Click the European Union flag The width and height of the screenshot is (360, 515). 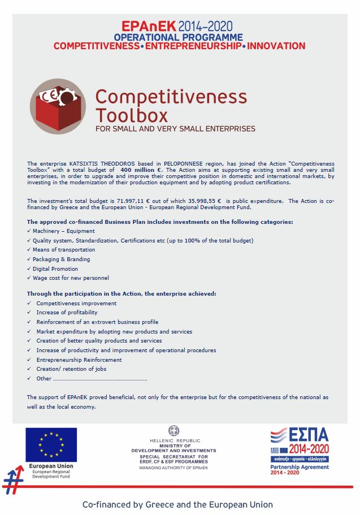point(51,445)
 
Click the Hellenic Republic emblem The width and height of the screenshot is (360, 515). point(174,431)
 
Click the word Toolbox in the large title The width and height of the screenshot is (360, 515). point(131,115)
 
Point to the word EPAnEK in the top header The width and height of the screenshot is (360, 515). point(148,26)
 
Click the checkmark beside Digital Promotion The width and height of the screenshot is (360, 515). point(29,269)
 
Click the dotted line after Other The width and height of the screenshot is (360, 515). point(100,379)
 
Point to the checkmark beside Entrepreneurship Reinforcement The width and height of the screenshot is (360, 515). point(29,360)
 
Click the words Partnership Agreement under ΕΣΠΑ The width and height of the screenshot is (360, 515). point(299,467)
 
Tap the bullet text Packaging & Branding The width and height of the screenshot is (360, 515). point(61,259)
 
